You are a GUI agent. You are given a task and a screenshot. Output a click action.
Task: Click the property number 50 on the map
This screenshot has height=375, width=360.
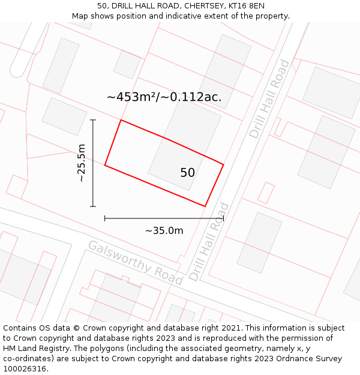click(x=187, y=173)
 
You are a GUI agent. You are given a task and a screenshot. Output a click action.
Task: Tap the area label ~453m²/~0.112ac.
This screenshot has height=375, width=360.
click(x=164, y=97)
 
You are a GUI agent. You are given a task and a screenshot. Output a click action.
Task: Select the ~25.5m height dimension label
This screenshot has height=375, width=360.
click(x=82, y=163)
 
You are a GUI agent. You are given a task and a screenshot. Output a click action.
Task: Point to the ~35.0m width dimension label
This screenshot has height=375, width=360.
click(x=164, y=230)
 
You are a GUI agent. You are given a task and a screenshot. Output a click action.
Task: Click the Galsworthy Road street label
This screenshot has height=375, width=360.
click(x=135, y=263)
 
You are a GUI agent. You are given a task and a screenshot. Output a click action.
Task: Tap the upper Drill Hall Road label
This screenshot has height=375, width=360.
click(x=269, y=99)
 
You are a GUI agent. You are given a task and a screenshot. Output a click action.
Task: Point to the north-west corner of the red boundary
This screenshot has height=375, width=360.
click(x=121, y=120)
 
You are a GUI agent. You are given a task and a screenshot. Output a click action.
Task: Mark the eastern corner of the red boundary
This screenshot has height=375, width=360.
click(x=224, y=164)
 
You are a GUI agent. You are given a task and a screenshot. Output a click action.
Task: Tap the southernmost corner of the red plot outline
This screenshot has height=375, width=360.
click(x=205, y=206)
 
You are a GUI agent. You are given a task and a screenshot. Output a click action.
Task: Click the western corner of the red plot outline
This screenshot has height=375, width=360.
click(x=105, y=165)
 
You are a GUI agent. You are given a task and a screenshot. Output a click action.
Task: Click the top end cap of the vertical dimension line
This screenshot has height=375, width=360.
click(x=93, y=120)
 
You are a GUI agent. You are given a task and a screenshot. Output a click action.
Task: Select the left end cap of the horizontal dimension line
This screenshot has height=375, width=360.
click(x=105, y=218)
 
